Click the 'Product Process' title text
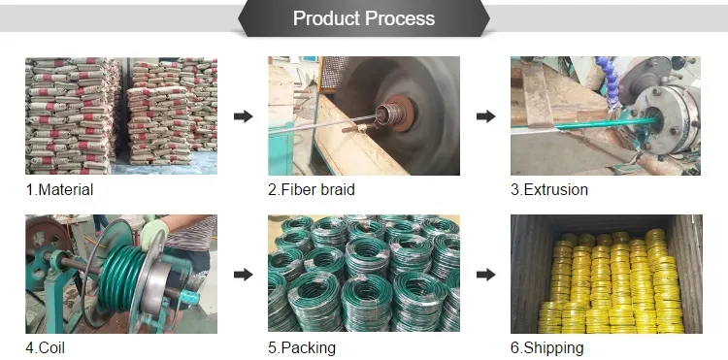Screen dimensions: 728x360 (364, 18)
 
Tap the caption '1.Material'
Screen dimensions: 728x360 (59, 189)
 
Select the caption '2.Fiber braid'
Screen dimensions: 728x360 (311, 189)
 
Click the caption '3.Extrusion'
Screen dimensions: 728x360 (549, 189)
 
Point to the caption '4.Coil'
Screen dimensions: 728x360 (45, 347)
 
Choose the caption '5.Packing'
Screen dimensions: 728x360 (302, 348)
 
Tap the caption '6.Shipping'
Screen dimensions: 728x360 (546, 348)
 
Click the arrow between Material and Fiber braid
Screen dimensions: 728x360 (243, 116)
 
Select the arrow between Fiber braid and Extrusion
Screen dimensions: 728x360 (485, 116)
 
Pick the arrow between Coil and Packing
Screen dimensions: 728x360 (243, 275)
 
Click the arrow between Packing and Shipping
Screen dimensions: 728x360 (485, 275)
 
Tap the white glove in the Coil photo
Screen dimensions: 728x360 (153, 233)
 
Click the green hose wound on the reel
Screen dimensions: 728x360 (117, 276)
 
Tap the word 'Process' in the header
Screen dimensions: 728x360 (400, 18)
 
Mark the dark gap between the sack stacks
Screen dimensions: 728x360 (123, 112)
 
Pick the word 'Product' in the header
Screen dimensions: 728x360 (326, 18)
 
